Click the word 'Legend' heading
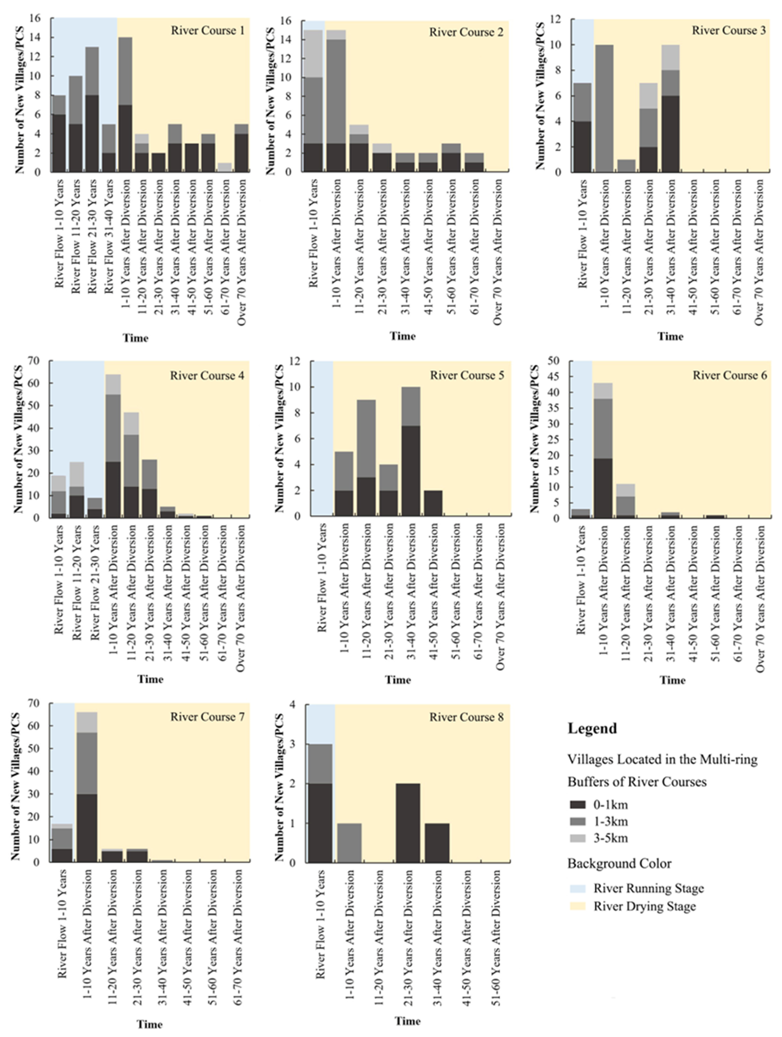click(592, 728)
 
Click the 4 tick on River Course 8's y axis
click(292, 705)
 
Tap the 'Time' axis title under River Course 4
click(150, 679)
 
